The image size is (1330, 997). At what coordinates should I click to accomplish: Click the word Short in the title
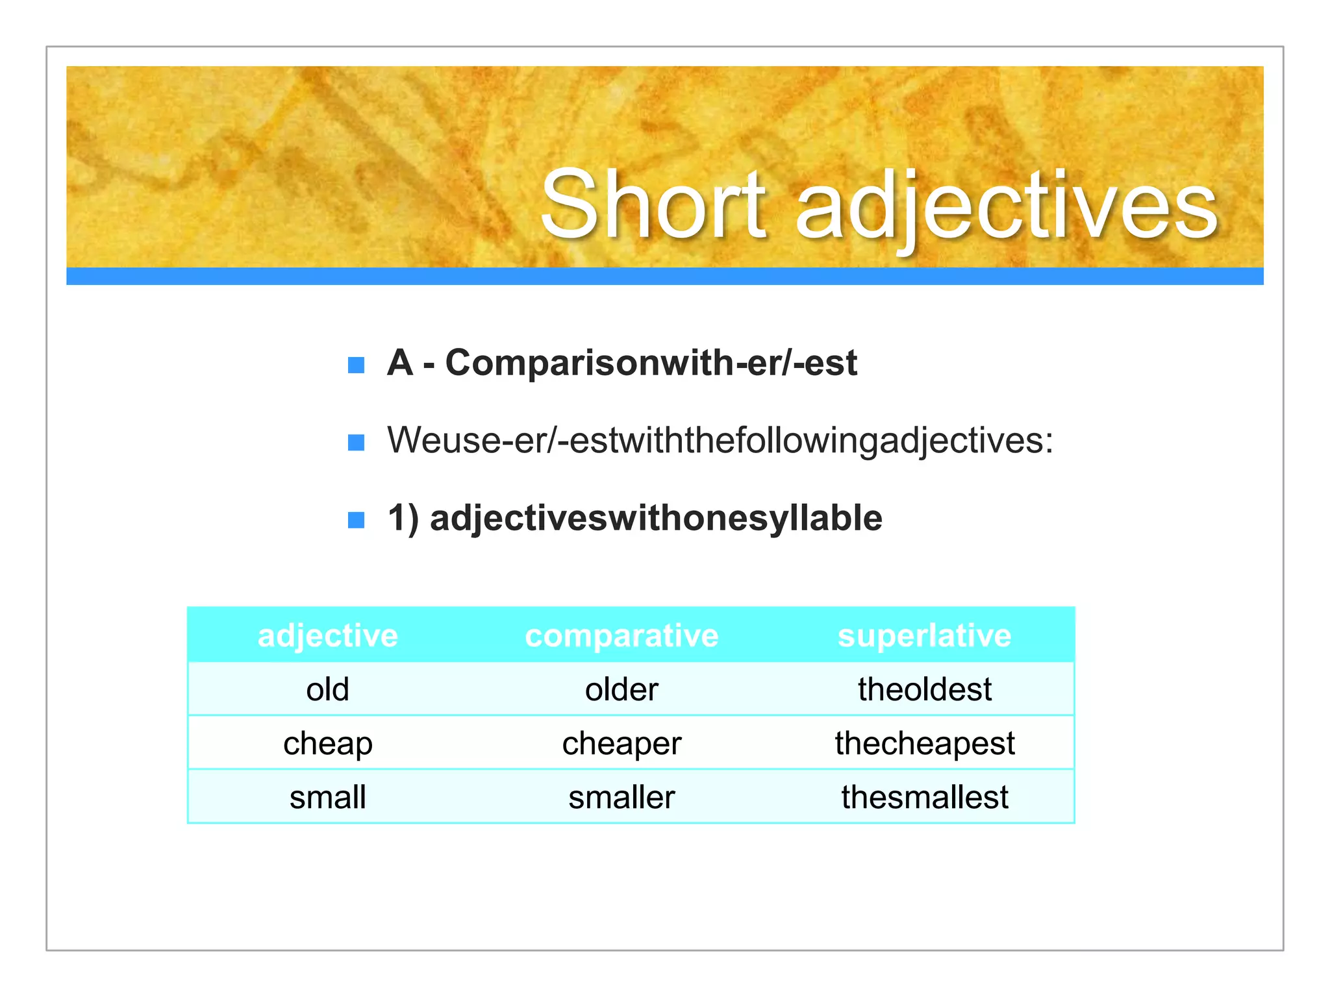click(x=653, y=204)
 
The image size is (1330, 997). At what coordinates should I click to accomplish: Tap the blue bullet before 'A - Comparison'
click(x=356, y=365)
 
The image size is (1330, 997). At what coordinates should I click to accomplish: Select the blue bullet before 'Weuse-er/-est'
click(x=356, y=443)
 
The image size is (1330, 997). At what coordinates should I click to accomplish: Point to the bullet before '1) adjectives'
click(x=356, y=520)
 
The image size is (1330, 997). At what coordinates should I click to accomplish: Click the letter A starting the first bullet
click(x=400, y=362)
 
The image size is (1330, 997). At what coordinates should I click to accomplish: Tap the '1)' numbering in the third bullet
click(x=403, y=518)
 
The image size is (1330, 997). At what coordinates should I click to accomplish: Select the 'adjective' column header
click(x=328, y=635)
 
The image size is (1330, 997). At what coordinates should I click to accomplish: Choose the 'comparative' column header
click(x=621, y=635)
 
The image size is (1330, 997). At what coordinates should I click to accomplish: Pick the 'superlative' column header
click(x=924, y=635)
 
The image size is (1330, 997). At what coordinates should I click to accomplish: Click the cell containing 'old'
click(x=328, y=689)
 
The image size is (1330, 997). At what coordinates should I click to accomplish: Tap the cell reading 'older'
click(x=621, y=689)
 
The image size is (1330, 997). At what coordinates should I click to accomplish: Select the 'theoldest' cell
click(x=924, y=689)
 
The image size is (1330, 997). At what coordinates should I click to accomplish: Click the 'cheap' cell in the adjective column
click(x=328, y=743)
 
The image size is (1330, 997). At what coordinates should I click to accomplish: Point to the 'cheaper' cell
click(x=621, y=743)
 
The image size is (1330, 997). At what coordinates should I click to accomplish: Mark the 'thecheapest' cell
click(x=924, y=743)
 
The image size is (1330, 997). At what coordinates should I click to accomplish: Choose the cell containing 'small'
click(x=328, y=797)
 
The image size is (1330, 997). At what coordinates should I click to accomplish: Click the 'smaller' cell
click(x=621, y=797)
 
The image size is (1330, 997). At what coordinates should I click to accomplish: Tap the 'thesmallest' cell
click(x=924, y=797)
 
